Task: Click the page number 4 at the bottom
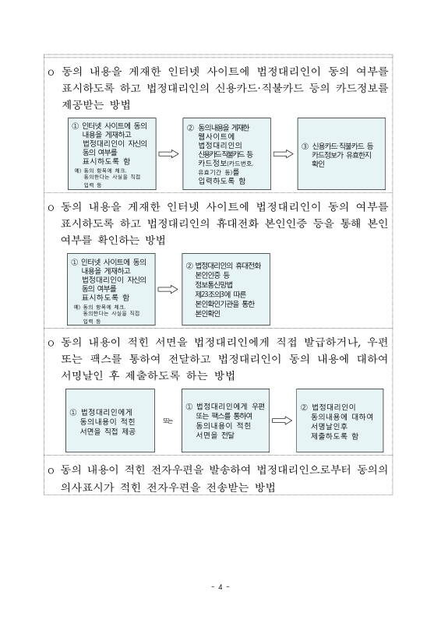(221, 586)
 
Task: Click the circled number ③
(305, 146)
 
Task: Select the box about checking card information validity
(343, 153)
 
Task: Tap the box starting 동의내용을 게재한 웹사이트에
(222, 153)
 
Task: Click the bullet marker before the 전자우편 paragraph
(51, 470)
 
